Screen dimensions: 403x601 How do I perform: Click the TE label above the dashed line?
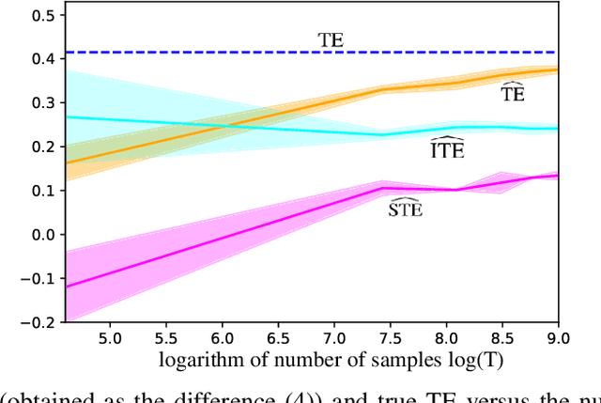pos(330,39)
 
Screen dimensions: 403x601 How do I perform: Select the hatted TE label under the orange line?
pos(513,94)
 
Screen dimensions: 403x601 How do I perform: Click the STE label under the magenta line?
pos(405,208)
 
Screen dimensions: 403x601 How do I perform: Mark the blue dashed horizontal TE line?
pos(188,53)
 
